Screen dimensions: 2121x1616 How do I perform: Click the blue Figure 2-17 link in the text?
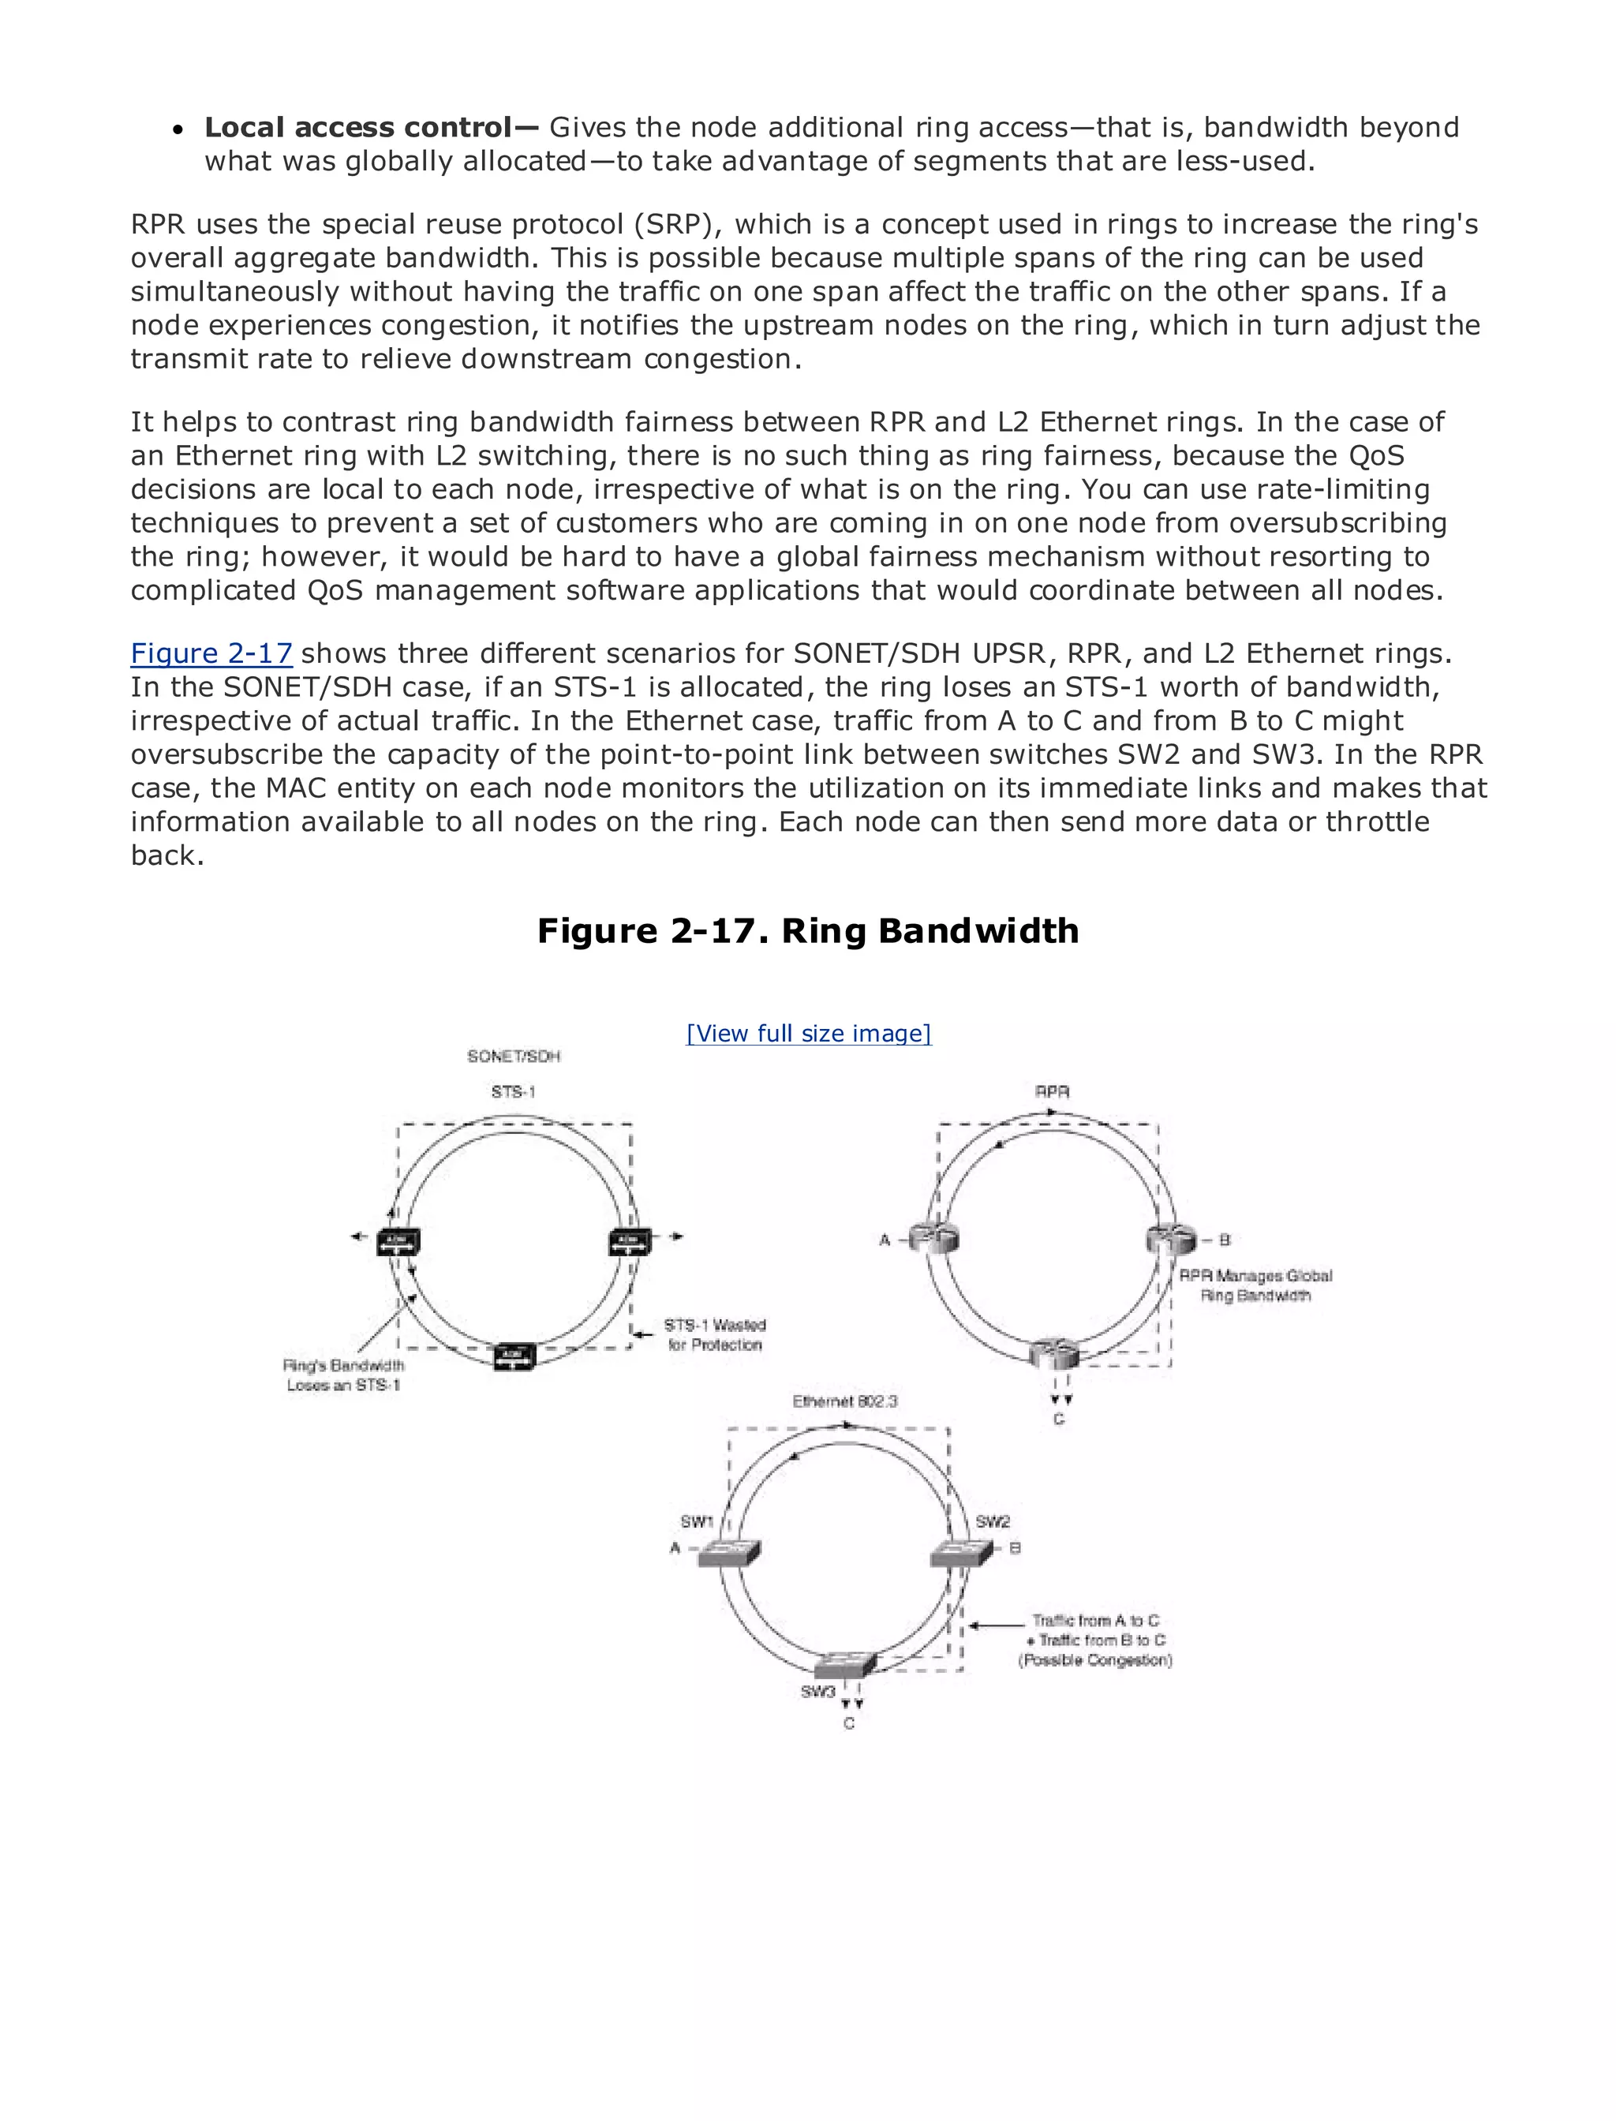point(211,653)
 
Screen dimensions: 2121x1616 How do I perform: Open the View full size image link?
point(808,1033)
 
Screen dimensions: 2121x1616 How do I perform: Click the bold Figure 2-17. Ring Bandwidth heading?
point(808,930)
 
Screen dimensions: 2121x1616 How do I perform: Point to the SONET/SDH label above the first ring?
point(514,1057)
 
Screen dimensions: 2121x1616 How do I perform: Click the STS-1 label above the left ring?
point(513,1092)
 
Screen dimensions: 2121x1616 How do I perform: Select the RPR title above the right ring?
point(1053,1092)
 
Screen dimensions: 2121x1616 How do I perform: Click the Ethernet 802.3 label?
point(844,1401)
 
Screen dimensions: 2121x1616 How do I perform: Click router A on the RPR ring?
point(933,1240)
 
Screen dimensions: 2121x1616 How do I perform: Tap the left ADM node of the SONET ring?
point(398,1242)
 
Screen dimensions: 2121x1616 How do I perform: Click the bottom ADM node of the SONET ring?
point(514,1356)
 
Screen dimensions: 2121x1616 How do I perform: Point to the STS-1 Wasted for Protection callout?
point(715,1334)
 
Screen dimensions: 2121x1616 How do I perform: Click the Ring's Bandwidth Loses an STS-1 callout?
point(343,1375)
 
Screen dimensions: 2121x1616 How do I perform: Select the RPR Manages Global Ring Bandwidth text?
point(1255,1285)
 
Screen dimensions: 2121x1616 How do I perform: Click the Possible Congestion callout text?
point(1094,1659)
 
